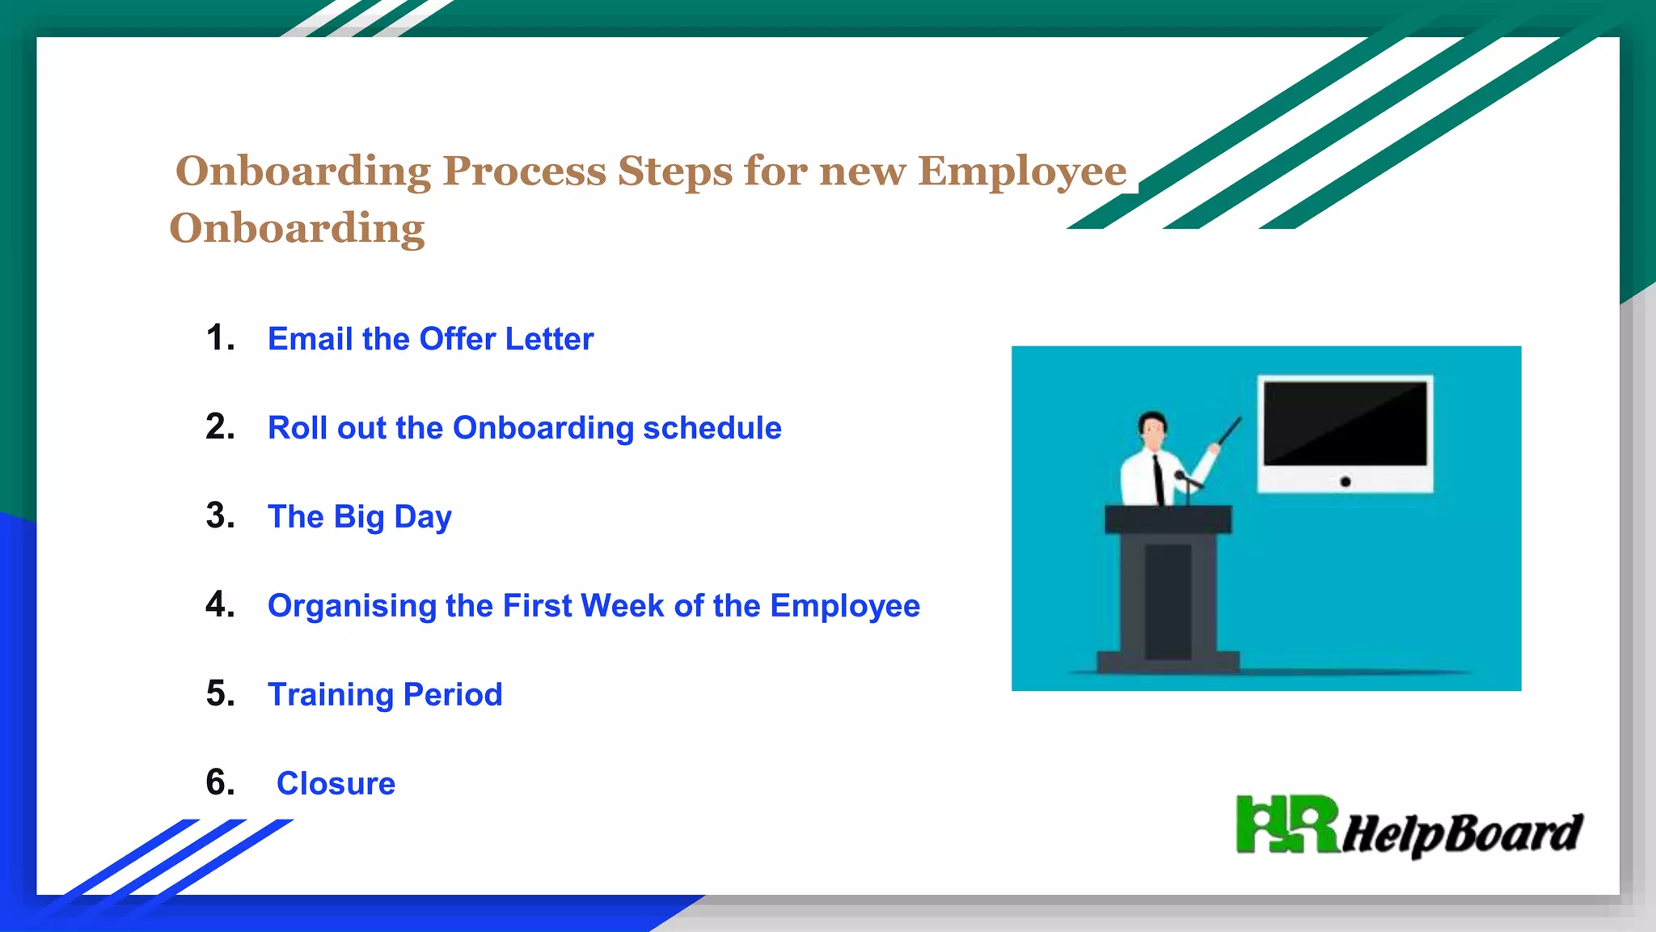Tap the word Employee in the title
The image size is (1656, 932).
click(x=1021, y=172)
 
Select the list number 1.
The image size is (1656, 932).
click(x=219, y=338)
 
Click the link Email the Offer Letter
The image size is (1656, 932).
click(x=430, y=339)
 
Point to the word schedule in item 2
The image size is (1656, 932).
click(x=712, y=428)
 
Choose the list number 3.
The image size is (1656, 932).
click(x=219, y=516)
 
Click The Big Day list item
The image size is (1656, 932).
click(x=359, y=517)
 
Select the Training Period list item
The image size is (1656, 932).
click(x=385, y=695)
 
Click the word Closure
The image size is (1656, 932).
click(x=336, y=784)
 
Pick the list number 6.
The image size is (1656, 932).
click(x=219, y=783)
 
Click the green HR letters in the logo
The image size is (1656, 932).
click(x=1286, y=825)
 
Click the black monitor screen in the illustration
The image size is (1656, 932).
click(x=1345, y=423)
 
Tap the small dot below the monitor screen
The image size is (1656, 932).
click(x=1345, y=482)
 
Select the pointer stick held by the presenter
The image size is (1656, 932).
click(x=1229, y=431)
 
